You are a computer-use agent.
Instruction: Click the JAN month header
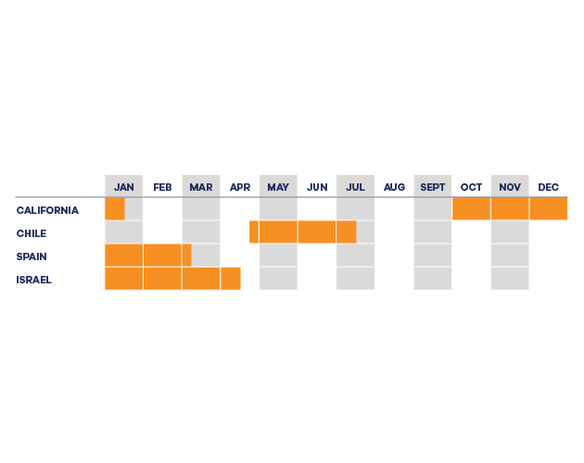click(123, 187)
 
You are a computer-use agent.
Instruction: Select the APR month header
click(240, 187)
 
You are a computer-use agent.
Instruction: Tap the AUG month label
click(394, 187)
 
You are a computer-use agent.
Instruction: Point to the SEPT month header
click(432, 187)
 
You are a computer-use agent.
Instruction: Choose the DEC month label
click(548, 187)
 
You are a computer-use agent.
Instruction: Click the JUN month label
click(317, 187)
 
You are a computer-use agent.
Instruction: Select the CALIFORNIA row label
click(47, 210)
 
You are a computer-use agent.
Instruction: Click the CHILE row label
click(32, 233)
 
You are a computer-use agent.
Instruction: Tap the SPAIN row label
click(32, 257)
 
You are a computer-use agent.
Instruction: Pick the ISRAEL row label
click(33, 280)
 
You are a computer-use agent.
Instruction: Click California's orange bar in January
click(115, 208)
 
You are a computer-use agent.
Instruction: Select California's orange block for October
click(471, 208)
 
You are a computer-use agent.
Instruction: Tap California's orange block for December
click(549, 208)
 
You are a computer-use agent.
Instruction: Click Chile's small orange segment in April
click(254, 231)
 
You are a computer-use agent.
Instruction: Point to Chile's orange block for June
click(317, 231)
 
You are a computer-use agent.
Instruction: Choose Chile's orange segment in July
click(347, 231)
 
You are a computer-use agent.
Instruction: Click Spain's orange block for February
click(162, 255)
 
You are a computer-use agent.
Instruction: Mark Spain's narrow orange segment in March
click(186, 255)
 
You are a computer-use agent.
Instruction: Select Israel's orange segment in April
click(231, 278)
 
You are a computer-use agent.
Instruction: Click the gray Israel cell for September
click(432, 278)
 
